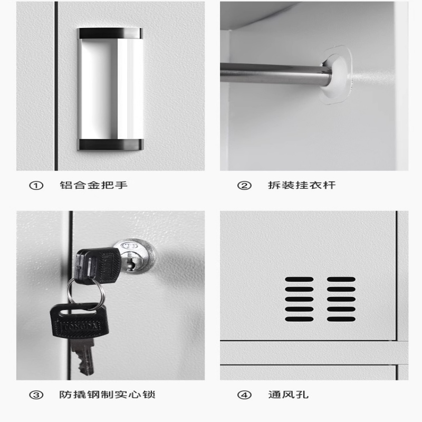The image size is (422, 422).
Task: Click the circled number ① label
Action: pos(36,185)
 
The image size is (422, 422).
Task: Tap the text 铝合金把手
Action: pos(93,185)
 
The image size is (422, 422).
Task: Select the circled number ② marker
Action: pos(244,185)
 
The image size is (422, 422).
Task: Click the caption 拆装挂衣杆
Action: pos(301,185)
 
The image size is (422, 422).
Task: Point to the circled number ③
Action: pos(36,395)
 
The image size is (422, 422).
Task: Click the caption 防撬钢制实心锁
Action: pos(108,395)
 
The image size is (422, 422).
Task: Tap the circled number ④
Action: pos(244,395)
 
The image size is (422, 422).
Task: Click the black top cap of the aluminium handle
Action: pos(110,33)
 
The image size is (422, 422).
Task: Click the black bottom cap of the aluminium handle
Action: pos(110,144)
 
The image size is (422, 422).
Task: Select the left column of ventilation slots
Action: pos(299,299)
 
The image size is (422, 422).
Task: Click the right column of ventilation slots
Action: pos(341,299)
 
